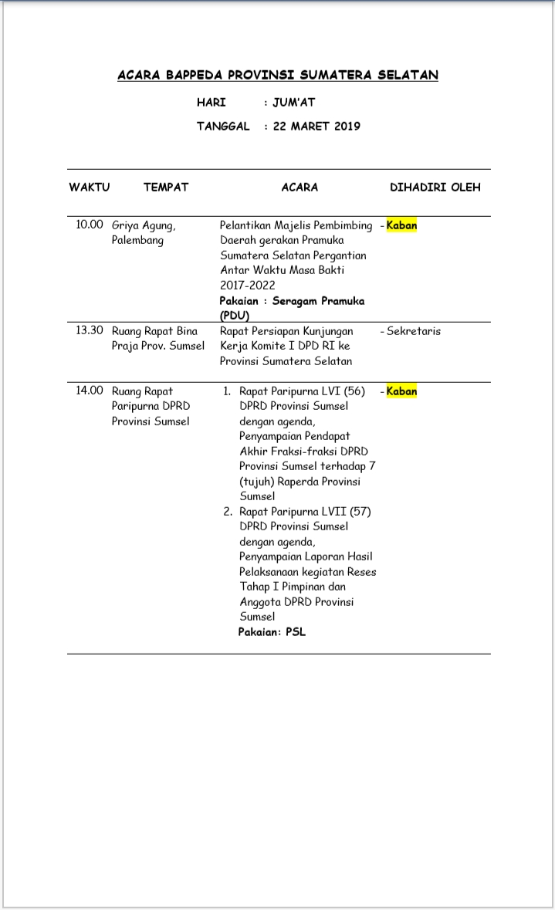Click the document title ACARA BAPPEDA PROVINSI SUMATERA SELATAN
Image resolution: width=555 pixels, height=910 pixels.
(278, 75)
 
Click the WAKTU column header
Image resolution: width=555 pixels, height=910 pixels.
(90, 187)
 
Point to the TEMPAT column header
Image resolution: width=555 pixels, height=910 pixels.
(166, 187)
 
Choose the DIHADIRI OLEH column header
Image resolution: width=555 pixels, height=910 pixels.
(435, 187)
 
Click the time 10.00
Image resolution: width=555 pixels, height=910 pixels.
(90, 225)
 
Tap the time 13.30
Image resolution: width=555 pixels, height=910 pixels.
(90, 330)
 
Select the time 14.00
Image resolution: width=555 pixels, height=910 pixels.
(90, 391)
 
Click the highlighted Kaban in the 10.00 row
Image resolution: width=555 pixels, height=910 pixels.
(401, 225)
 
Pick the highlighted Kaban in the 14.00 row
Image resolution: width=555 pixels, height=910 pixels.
(401, 391)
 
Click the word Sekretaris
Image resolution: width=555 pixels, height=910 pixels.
(414, 331)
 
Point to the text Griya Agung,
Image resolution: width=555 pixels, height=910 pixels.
(144, 225)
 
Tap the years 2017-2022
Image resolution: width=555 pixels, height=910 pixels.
(247, 285)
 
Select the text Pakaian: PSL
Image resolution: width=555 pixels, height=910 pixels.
(272, 631)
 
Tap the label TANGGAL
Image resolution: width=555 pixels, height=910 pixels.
(223, 126)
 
